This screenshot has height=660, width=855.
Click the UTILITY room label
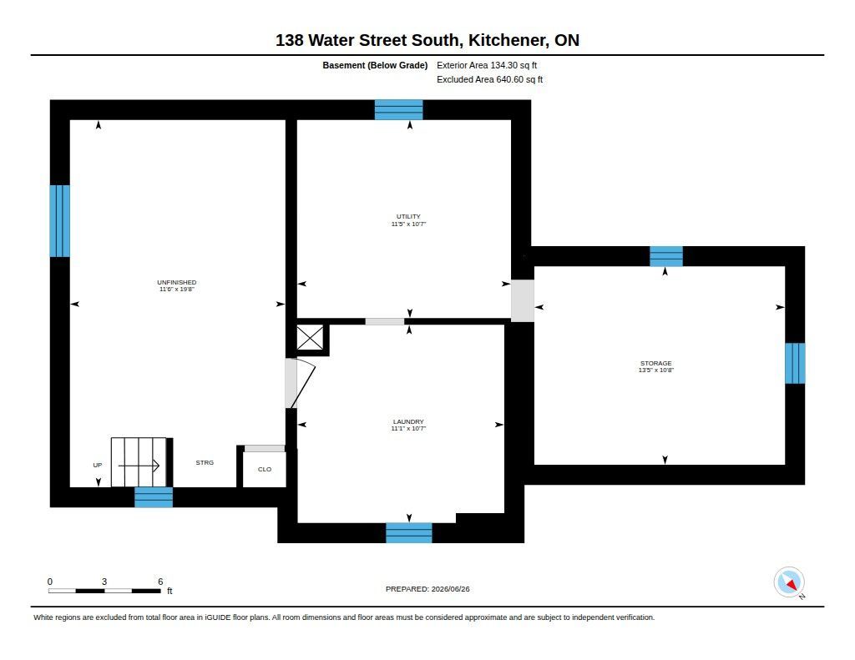click(408, 216)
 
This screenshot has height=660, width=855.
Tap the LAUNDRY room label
click(408, 421)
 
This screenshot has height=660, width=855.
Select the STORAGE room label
click(656, 363)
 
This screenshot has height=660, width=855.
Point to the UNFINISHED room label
click(177, 282)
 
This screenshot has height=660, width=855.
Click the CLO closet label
click(265, 469)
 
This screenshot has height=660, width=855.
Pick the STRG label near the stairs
click(205, 462)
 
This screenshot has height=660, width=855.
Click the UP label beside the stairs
click(98, 465)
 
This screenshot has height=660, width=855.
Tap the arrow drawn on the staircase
click(139, 466)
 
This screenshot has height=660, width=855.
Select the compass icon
click(789, 582)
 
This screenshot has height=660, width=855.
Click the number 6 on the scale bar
click(160, 582)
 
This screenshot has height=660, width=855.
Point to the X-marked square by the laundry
click(310, 338)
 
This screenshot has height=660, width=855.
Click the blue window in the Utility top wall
click(398, 109)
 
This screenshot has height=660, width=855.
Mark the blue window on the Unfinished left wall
click(60, 221)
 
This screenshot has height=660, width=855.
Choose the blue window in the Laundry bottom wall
click(409, 533)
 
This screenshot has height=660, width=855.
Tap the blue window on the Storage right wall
click(795, 363)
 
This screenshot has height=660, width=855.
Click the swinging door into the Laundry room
click(300, 383)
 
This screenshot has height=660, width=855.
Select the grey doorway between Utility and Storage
click(523, 300)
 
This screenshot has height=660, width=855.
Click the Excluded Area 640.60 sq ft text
click(489, 79)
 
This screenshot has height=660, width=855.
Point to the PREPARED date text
click(427, 589)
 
